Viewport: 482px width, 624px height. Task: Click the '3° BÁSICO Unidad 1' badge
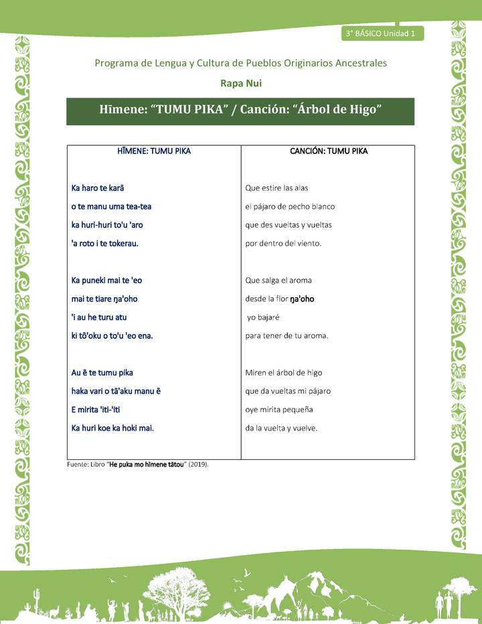click(x=381, y=33)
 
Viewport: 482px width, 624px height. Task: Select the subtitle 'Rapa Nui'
click(x=240, y=83)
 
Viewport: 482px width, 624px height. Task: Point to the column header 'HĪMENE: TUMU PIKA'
click(x=153, y=151)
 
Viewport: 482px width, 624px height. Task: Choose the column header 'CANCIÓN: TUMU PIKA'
click(x=328, y=151)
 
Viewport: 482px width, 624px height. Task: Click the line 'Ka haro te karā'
click(x=98, y=188)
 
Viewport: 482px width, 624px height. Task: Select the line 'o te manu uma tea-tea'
click(x=111, y=206)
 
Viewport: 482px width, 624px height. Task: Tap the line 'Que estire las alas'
click(x=276, y=188)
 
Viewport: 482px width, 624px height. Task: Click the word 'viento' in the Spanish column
click(x=309, y=244)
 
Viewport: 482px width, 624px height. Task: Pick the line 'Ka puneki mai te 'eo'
click(x=106, y=281)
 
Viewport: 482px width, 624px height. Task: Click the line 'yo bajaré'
click(x=266, y=317)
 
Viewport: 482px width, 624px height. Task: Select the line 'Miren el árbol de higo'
click(x=284, y=372)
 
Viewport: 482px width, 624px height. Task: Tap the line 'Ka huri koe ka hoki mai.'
click(x=112, y=428)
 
